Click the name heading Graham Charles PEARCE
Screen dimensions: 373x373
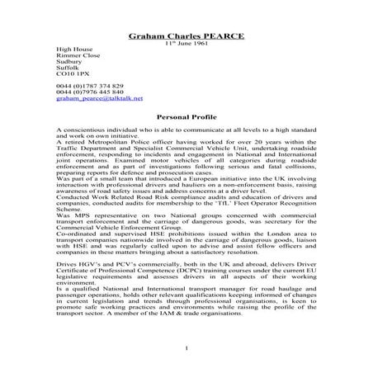coord(186,36)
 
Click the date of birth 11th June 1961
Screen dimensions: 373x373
coord(186,44)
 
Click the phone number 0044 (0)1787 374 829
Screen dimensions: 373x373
coord(90,85)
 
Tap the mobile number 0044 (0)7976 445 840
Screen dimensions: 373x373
coord(90,92)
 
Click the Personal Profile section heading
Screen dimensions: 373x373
coord(186,117)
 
